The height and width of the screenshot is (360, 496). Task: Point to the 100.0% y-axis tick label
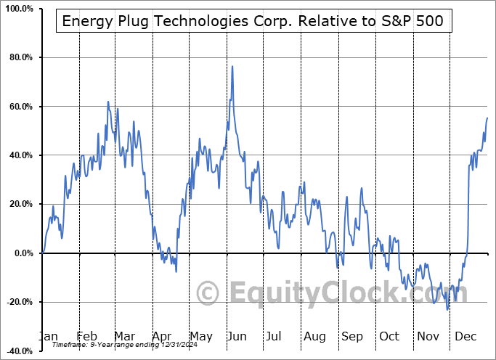tap(17, 9)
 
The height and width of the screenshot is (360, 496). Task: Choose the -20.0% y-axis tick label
tap(17, 302)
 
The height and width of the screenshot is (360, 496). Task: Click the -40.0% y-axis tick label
tap(17, 351)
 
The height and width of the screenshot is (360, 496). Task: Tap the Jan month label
tap(48, 336)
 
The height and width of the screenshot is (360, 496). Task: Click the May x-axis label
tap(200, 336)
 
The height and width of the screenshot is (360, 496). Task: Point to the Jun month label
tap(237, 336)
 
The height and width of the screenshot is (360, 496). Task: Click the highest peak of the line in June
tap(232, 67)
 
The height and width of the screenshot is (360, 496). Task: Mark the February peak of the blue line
tap(108, 102)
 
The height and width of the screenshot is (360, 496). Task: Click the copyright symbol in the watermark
tap(208, 294)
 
